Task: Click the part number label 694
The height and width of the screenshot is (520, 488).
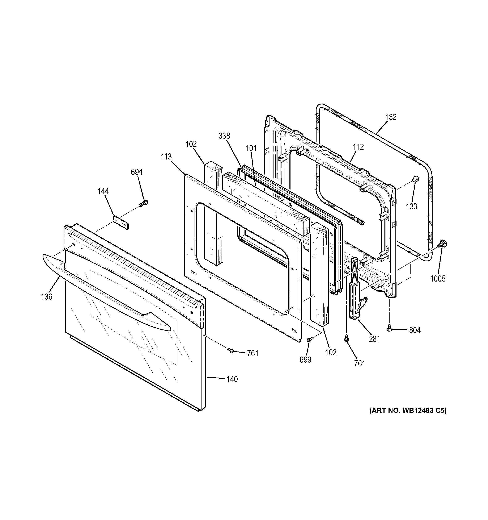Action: click(136, 172)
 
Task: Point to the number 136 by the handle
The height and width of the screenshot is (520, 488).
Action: click(47, 297)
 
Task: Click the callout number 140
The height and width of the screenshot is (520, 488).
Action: click(232, 379)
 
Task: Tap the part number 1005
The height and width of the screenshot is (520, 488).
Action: click(438, 279)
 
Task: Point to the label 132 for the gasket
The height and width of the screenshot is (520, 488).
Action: click(391, 117)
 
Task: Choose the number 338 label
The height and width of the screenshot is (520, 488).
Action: click(224, 136)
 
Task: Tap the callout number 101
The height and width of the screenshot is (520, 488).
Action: click(251, 148)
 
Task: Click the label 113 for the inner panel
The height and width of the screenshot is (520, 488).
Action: click(166, 157)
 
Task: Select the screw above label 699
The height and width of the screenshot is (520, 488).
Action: click(309, 340)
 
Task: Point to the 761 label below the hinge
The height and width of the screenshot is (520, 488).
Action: click(360, 364)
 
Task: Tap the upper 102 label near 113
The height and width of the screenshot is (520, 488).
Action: click(191, 144)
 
